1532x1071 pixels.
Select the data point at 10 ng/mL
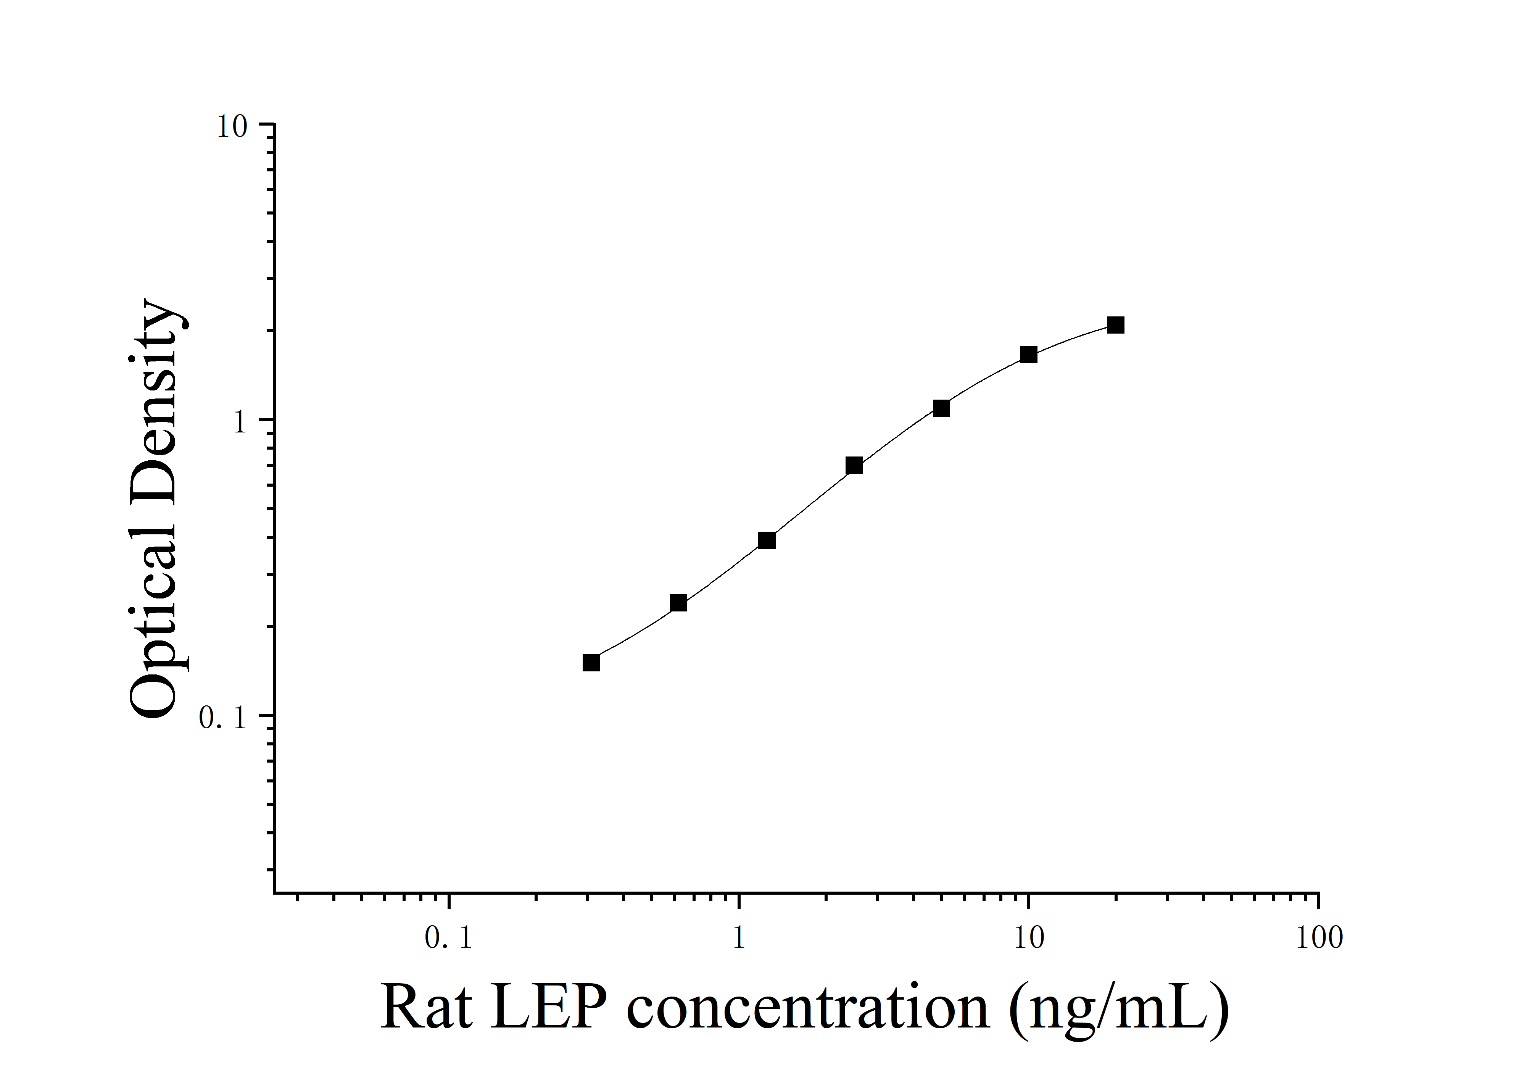point(1029,354)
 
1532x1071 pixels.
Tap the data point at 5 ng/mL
point(941,408)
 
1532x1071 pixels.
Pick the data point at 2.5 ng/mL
point(854,466)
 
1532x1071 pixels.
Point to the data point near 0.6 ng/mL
point(678,603)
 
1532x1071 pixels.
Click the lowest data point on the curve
point(591,663)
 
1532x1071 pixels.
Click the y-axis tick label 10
point(232,127)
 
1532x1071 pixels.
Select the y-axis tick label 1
point(240,423)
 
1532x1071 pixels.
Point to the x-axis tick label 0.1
point(448,938)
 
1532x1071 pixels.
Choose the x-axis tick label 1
point(739,938)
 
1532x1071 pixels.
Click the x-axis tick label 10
point(1029,938)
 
